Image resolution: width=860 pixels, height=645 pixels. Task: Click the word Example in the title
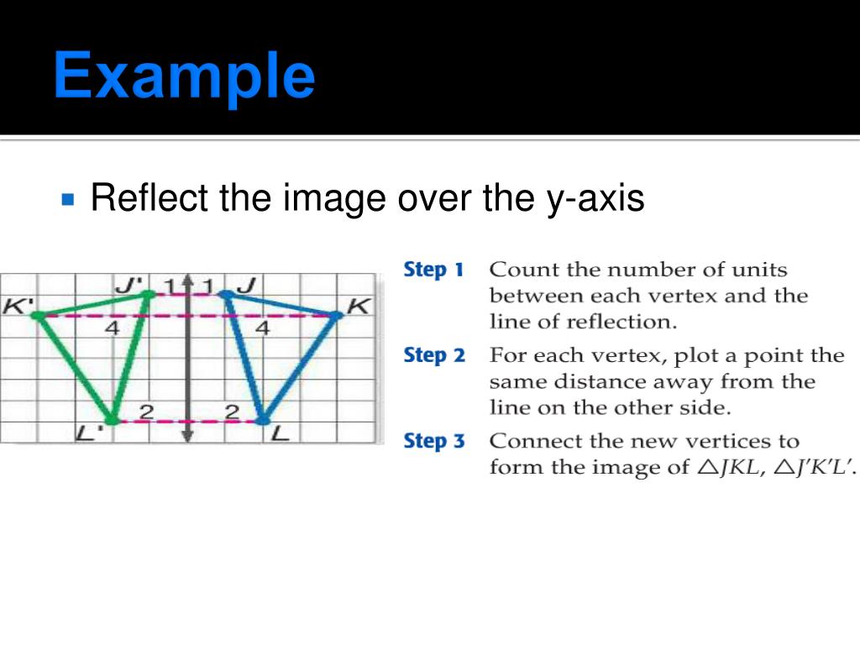click(184, 76)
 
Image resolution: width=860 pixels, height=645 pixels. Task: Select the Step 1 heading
click(433, 270)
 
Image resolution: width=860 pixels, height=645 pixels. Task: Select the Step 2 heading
click(434, 355)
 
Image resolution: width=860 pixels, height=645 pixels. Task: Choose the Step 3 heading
click(434, 441)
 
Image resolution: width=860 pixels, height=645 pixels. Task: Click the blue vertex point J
click(225, 294)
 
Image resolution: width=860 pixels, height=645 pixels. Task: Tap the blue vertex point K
click(335, 316)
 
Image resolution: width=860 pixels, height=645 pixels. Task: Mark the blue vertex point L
click(262, 419)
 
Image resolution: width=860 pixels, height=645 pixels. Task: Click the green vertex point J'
click(149, 294)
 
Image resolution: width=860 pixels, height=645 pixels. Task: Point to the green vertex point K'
click(38, 315)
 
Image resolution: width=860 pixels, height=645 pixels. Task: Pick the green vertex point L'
click(111, 419)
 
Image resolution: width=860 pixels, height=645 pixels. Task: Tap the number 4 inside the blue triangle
click(262, 329)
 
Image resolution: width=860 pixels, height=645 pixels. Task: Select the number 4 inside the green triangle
click(112, 329)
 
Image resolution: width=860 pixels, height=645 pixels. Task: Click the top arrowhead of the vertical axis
click(187, 281)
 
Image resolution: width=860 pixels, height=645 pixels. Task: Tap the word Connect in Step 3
click(529, 441)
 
